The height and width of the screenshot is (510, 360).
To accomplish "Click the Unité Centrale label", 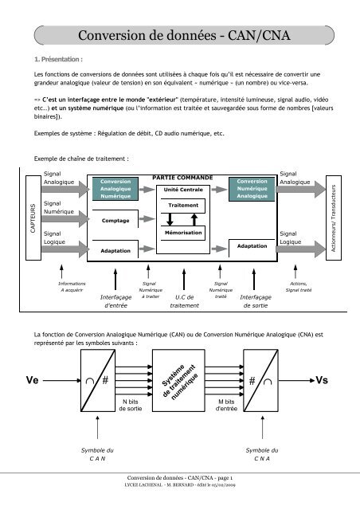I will pyautogui.click(x=182, y=191).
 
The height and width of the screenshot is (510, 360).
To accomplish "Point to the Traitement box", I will pyautogui.click(x=182, y=206).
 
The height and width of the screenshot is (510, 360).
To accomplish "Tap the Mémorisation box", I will pyautogui.click(x=182, y=232).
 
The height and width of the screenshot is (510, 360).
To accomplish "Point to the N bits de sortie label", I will pyautogui.click(x=131, y=403).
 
